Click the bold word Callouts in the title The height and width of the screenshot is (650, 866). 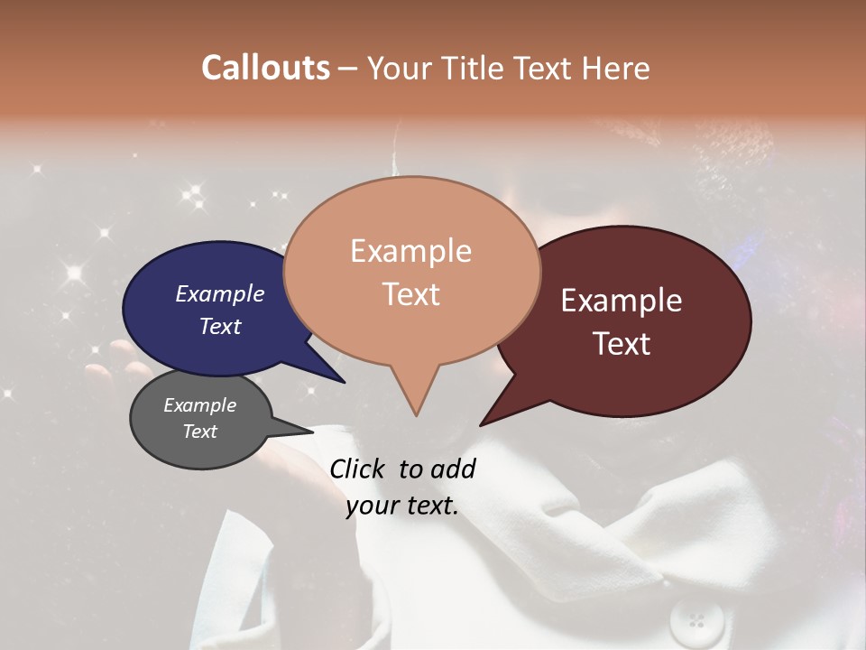(x=265, y=68)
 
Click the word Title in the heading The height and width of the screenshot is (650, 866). (x=476, y=68)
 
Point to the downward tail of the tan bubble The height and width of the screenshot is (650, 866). (x=415, y=397)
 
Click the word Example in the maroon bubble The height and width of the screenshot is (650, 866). (x=622, y=301)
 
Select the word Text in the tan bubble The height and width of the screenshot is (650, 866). (x=411, y=294)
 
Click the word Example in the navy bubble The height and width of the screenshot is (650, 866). (x=220, y=294)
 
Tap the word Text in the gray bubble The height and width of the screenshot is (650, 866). (x=200, y=432)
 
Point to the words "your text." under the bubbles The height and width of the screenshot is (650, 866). (x=402, y=506)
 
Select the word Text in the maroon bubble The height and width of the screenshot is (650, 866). (x=622, y=344)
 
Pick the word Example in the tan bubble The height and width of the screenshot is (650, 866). (x=411, y=251)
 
